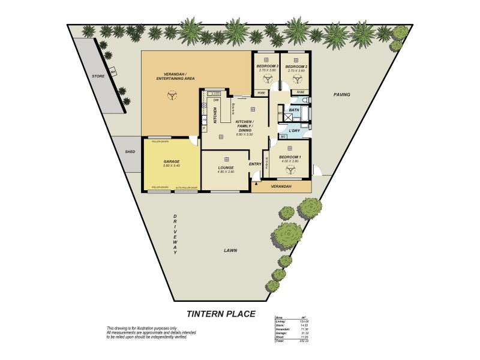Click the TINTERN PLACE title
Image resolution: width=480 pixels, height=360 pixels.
220,313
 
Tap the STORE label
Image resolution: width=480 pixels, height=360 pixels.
98,76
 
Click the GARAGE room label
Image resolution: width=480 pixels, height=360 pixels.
172,161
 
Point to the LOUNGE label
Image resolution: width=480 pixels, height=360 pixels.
226,168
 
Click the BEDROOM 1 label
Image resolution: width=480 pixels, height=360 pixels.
290,157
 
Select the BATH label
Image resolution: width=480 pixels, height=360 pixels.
294,110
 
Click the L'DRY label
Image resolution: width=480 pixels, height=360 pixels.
294,130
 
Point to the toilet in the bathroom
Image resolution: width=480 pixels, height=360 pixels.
305,100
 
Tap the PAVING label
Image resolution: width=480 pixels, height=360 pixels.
341,95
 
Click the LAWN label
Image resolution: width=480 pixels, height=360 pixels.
231,250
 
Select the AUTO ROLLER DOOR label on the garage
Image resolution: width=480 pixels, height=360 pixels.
186,188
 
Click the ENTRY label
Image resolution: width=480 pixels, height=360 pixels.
255,163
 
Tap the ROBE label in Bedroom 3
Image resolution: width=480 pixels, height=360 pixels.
262,92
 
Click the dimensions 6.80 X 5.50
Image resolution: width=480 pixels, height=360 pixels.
245,134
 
